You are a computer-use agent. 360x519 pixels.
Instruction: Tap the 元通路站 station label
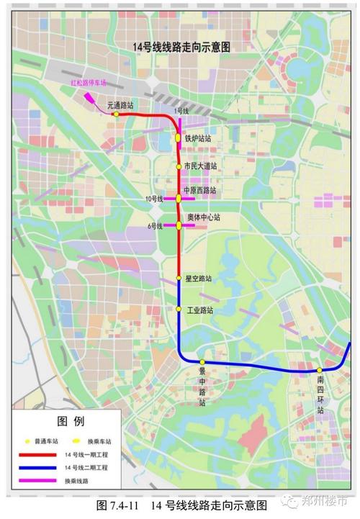click(x=120, y=105)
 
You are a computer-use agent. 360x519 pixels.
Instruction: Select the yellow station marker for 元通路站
click(x=115, y=114)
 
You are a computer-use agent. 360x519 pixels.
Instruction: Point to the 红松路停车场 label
click(x=88, y=83)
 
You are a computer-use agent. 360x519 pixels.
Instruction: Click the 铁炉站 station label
click(x=198, y=138)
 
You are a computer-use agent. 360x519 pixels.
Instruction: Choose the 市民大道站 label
click(x=200, y=166)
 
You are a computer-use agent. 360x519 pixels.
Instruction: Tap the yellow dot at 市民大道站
click(x=179, y=167)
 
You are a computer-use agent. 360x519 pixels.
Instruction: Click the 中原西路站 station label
click(x=199, y=191)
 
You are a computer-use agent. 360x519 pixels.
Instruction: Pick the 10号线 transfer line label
click(x=154, y=198)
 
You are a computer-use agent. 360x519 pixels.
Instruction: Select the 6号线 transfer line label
click(x=156, y=225)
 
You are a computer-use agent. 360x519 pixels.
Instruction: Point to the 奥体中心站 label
click(x=204, y=217)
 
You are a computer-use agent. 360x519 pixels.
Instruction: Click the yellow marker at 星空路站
click(x=179, y=278)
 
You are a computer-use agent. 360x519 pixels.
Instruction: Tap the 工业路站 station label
click(x=200, y=310)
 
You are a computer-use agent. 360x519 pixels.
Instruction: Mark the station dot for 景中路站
click(x=203, y=362)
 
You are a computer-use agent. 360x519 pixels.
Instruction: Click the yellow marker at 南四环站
click(x=320, y=370)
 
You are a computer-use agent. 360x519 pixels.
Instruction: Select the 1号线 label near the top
click(x=181, y=111)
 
